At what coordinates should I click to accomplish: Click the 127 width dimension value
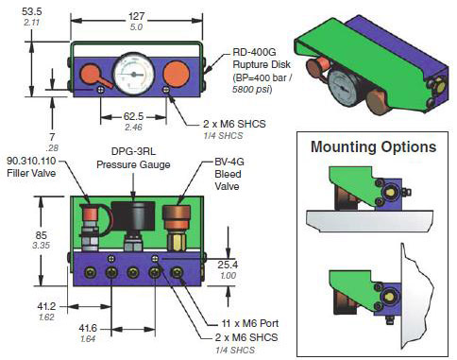[x=136, y=16]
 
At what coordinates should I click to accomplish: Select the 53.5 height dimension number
[x=32, y=11]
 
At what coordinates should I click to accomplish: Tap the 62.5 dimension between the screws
[x=133, y=116]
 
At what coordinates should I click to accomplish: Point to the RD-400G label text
[x=254, y=52]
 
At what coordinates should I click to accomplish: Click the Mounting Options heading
[x=374, y=146]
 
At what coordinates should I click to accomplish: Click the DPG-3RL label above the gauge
[x=133, y=151]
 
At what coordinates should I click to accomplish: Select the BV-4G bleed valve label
[x=229, y=162]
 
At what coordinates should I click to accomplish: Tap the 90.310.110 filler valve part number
[x=31, y=161]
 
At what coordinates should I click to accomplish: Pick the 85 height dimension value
[x=42, y=235]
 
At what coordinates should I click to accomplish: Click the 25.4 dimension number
[x=228, y=265]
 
